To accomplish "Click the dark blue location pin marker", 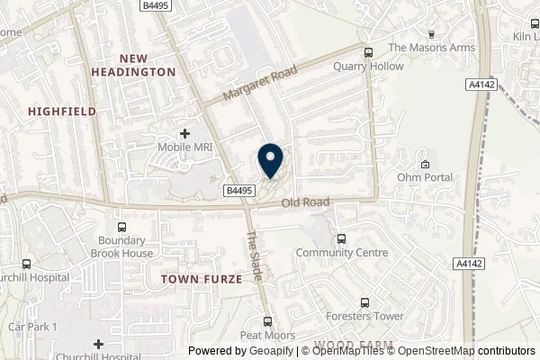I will click(x=269, y=161).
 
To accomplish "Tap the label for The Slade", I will click(x=254, y=256).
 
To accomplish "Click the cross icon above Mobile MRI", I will click(x=184, y=133).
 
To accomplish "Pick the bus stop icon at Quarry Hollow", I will click(x=368, y=51).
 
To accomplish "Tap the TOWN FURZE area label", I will click(x=202, y=280).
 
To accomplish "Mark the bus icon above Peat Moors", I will click(x=267, y=321).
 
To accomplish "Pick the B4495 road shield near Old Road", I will click(x=238, y=190).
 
